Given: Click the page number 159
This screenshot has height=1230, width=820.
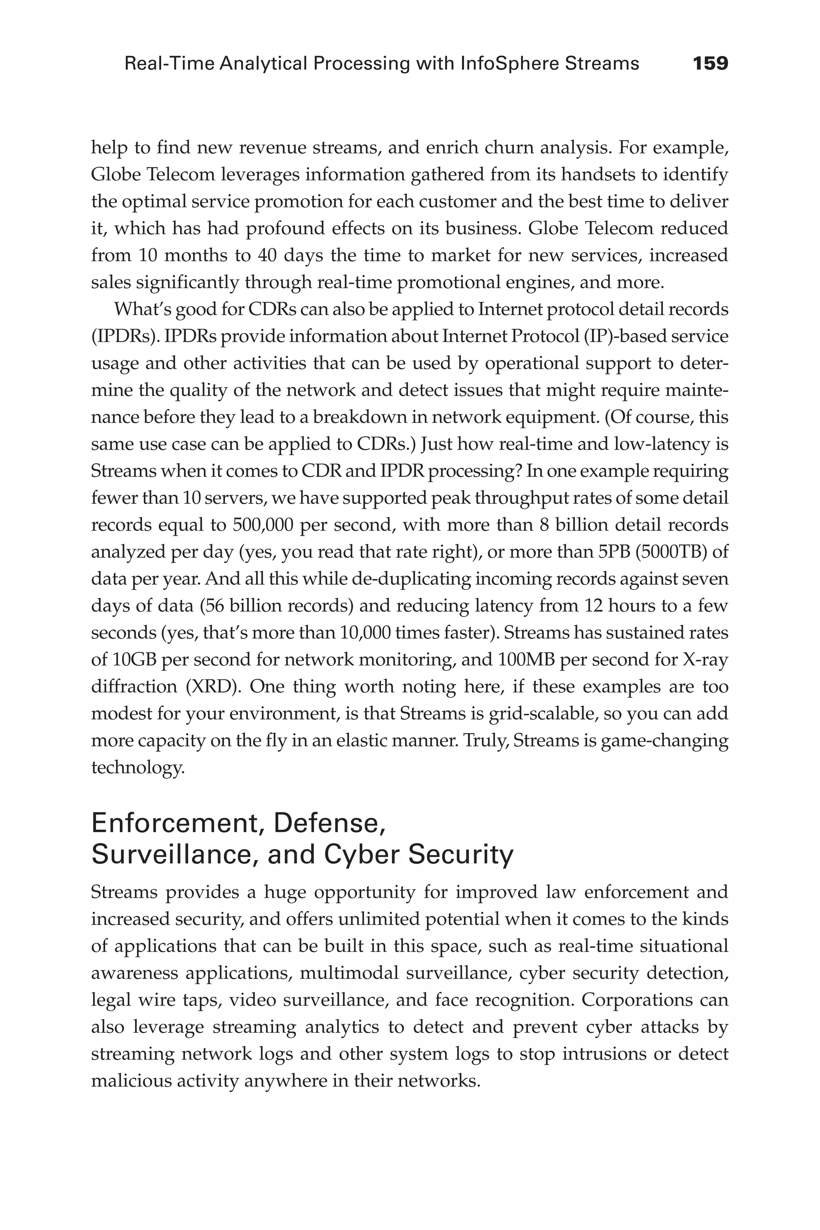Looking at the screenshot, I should (x=710, y=64).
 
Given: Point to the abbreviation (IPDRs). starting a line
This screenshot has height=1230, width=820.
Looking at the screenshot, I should (x=125, y=336).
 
